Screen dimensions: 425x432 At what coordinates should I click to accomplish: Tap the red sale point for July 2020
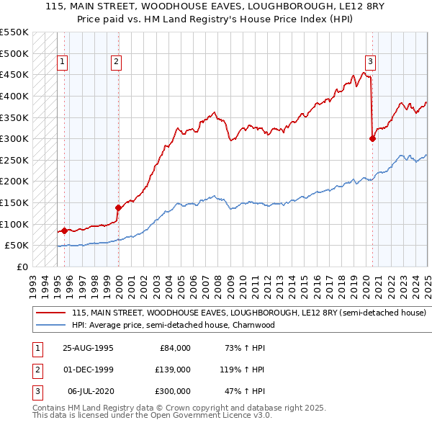[373, 139]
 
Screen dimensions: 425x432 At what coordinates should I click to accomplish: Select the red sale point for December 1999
[118, 207]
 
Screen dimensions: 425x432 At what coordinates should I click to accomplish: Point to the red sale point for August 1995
[65, 231]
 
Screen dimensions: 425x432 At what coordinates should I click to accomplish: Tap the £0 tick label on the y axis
[22, 267]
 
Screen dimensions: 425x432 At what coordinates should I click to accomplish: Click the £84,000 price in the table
[174, 348]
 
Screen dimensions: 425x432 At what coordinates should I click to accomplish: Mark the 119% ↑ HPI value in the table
[243, 370]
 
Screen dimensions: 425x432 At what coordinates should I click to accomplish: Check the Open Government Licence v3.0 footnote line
[152, 416]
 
